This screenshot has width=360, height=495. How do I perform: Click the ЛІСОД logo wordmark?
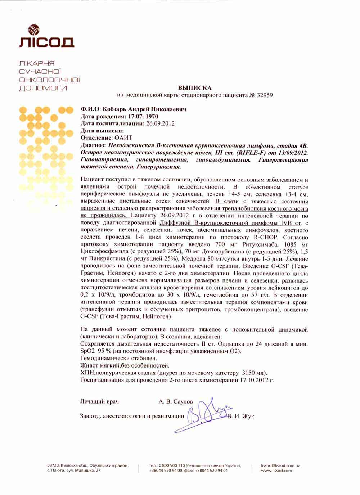46,42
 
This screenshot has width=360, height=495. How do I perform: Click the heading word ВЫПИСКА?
195,88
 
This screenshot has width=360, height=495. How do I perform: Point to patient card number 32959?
265,95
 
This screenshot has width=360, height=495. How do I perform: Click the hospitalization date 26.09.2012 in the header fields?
160,123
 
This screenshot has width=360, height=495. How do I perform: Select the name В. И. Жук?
242,416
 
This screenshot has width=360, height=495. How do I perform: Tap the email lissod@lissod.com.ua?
281,465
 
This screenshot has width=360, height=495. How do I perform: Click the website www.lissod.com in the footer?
276,471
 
